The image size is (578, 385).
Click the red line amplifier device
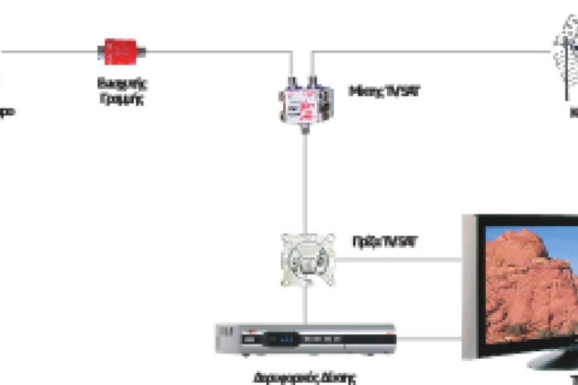click(x=121, y=51)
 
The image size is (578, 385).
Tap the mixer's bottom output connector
click(x=304, y=129)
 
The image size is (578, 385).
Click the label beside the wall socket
click(x=384, y=242)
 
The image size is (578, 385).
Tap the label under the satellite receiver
click(x=305, y=378)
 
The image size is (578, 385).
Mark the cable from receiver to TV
click(x=429, y=339)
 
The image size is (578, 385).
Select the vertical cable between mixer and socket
click(x=304, y=183)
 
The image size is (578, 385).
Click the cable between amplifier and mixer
click(x=217, y=51)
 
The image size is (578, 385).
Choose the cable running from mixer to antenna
click(x=433, y=51)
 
